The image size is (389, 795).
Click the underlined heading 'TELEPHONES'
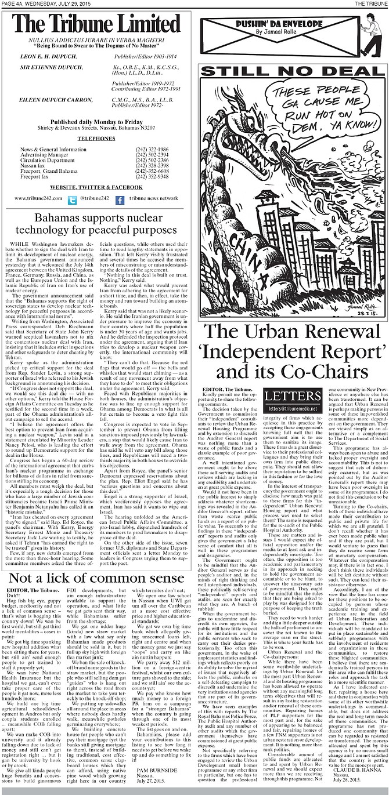point(96,140)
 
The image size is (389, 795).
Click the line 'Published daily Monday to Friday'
point(96,122)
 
